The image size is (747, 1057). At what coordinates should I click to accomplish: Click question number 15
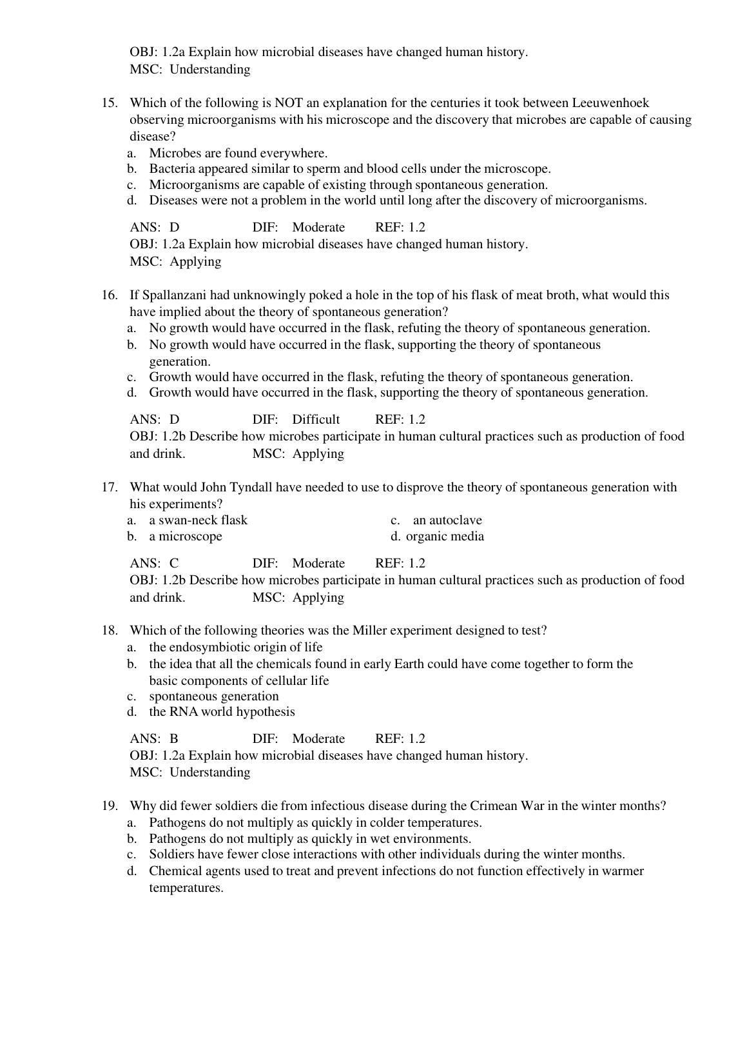click(109, 103)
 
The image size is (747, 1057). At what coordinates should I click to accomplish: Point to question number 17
click(109, 488)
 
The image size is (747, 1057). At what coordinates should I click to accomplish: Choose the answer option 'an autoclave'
click(447, 520)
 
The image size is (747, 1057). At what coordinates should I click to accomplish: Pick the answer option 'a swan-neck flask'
click(198, 520)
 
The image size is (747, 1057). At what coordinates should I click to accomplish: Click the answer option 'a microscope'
click(186, 537)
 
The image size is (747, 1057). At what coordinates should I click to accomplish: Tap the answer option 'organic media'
click(445, 537)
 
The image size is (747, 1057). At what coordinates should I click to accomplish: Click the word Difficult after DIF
click(316, 420)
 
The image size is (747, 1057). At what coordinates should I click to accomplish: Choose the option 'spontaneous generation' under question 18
click(214, 696)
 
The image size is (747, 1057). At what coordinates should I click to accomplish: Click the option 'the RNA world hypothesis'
click(222, 712)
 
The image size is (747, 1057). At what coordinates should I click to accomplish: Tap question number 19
click(109, 806)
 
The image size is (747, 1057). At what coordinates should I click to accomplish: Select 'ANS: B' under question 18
click(154, 739)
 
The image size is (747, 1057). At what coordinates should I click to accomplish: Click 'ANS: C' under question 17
click(154, 564)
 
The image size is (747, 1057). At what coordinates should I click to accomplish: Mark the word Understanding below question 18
click(209, 773)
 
